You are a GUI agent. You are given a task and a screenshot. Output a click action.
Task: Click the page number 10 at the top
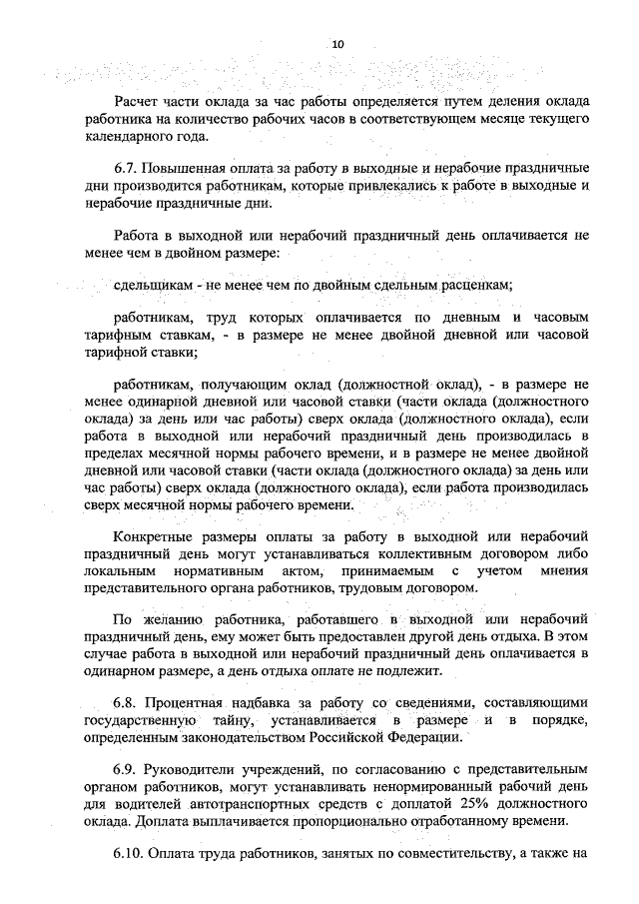(x=336, y=44)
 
